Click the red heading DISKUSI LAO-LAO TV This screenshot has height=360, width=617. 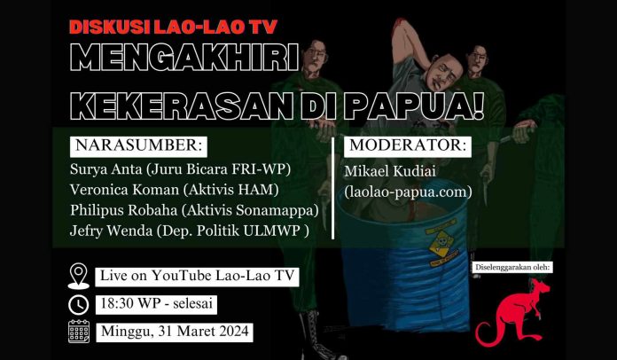[174, 27]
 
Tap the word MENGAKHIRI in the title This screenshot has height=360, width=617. [184, 58]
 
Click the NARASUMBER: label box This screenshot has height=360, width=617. [138, 145]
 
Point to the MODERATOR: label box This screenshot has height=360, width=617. [408, 145]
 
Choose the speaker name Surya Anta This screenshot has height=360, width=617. [106, 169]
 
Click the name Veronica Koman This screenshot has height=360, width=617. [124, 190]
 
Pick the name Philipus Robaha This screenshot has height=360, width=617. [123, 210]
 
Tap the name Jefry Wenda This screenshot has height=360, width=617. [111, 231]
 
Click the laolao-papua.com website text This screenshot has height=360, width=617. [408, 192]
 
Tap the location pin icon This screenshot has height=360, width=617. [79, 276]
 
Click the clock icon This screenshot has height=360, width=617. [79, 305]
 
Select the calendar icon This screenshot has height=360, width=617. [79, 332]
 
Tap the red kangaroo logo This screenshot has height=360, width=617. [512, 313]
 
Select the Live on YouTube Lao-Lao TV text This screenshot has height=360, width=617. [197, 276]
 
